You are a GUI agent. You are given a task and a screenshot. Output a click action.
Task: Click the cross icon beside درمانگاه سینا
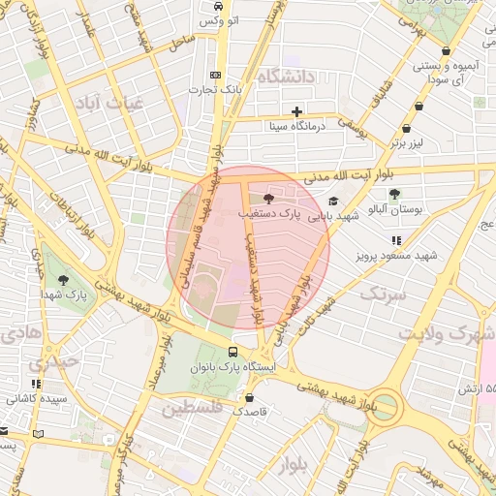click(296, 110)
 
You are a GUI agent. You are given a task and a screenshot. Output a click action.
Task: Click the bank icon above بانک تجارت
click(214, 75)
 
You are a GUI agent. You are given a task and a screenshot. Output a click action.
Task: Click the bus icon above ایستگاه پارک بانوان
click(232, 352)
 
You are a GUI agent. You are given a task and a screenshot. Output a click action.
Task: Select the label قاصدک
click(250, 412)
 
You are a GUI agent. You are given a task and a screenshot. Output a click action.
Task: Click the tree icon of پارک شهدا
click(63, 279)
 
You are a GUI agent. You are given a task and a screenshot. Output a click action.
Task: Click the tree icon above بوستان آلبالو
click(394, 194)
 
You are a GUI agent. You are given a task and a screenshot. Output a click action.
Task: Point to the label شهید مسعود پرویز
click(396, 256)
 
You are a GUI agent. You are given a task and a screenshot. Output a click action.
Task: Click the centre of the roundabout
click(385, 407)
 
